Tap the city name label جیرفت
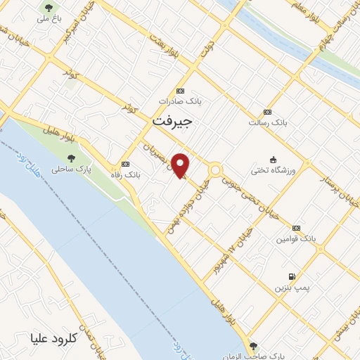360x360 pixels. coord(172,122)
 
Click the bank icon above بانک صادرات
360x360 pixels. coord(181,91)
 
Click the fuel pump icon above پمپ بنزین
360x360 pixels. coord(291,276)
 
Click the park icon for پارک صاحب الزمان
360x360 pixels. coord(252,345)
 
